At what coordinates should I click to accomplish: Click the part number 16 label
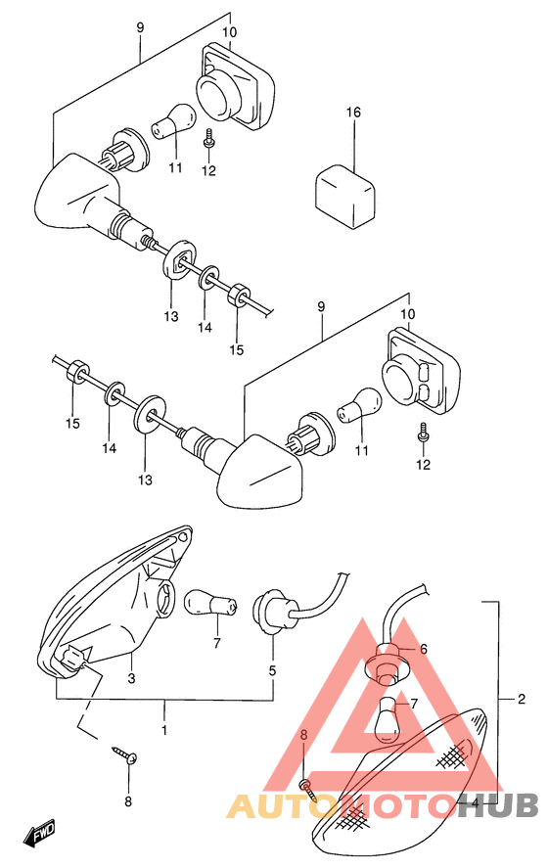(x=353, y=113)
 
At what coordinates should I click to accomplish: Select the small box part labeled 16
(x=344, y=195)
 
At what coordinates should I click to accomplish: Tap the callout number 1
(x=164, y=731)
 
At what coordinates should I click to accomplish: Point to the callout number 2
(x=521, y=699)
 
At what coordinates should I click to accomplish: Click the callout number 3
(x=131, y=677)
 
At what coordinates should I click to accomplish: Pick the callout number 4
(x=475, y=801)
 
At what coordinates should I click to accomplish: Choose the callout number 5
(x=272, y=671)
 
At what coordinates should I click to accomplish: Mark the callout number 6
(x=424, y=649)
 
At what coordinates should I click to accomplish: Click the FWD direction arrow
(x=40, y=828)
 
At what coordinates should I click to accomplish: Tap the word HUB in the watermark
(x=499, y=805)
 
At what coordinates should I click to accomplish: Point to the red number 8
(x=302, y=735)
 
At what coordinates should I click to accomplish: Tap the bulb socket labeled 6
(x=387, y=665)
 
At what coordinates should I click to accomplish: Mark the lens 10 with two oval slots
(x=421, y=372)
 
